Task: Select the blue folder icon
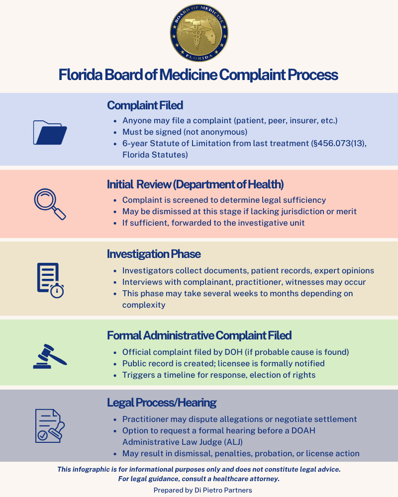pyautogui.click(x=50, y=132)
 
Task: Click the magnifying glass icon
pyautogui.click(x=50, y=204)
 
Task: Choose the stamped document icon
pyautogui.click(x=50, y=426)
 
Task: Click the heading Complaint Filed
pyautogui.click(x=145, y=105)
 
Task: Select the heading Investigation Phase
pyautogui.click(x=154, y=254)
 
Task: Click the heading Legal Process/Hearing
pyautogui.click(x=162, y=402)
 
